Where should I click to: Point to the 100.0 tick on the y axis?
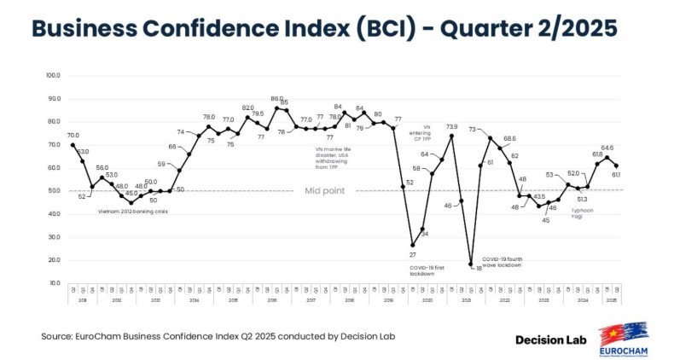point(53,75)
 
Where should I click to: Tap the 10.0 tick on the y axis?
point(53,283)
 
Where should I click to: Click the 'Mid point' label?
point(325,190)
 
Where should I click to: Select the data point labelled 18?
point(470,264)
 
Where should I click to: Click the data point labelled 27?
point(413,245)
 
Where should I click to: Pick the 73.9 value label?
point(451,126)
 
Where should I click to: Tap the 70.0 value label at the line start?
point(73,135)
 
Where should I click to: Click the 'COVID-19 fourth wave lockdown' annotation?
point(502,261)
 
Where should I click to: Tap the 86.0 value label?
point(276,99)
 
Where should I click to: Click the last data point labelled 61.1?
point(617,165)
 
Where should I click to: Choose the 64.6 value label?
point(607,148)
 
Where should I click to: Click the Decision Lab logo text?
point(553,339)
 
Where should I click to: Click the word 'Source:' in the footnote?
point(56,336)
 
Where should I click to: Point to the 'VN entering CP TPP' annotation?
point(427,134)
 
